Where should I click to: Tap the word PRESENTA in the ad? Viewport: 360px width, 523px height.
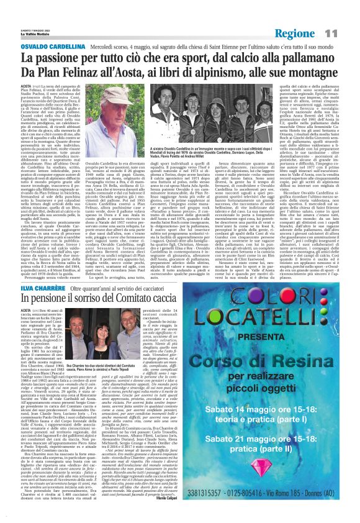tap(280, 338)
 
